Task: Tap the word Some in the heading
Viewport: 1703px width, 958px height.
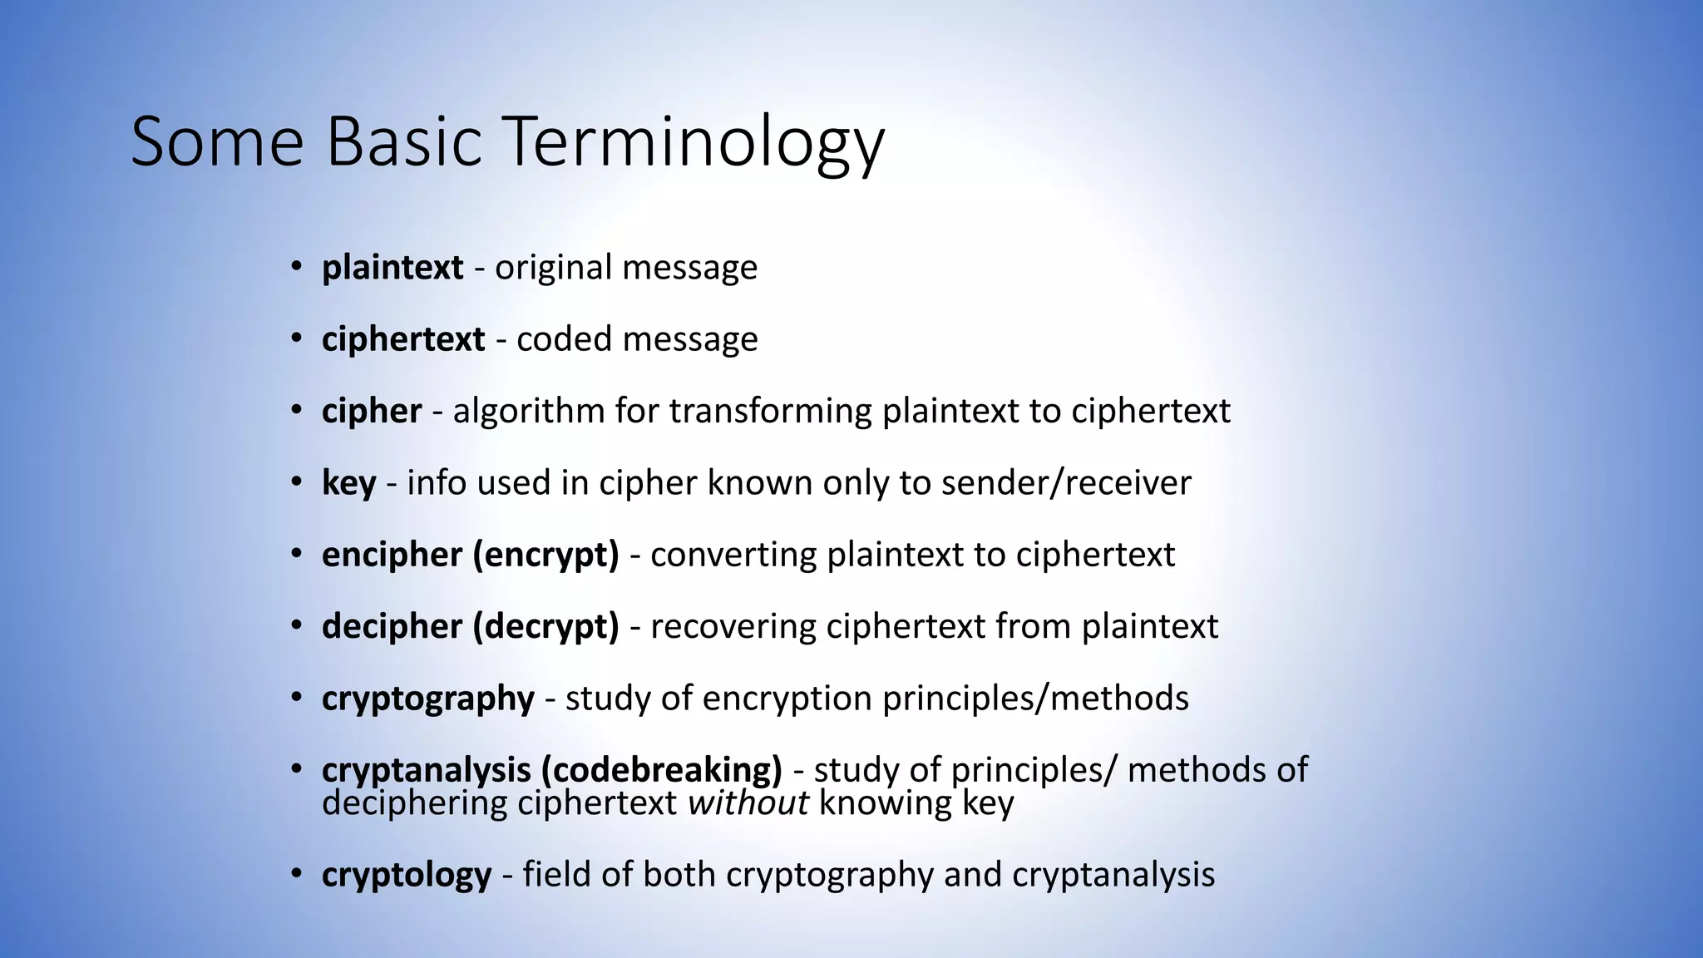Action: pyautogui.click(x=218, y=141)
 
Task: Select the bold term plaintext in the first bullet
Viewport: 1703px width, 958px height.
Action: pyautogui.click(x=392, y=268)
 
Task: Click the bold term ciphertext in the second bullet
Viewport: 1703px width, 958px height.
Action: pyautogui.click(x=403, y=339)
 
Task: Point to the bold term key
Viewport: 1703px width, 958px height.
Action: pyautogui.click(x=348, y=483)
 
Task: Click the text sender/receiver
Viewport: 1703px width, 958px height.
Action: pyautogui.click(x=1066, y=483)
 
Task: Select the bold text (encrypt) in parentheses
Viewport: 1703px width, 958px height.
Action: pyautogui.click(x=545, y=555)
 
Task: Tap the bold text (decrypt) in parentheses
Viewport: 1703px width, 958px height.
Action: pyautogui.click(x=545, y=626)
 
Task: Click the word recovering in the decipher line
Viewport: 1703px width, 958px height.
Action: pyautogui.click(x=733, y=626)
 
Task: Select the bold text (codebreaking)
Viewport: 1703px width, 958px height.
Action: pyautogui.click(x=661, y=769)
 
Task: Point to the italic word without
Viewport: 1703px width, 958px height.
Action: pyautogui.click(x=748, y=803)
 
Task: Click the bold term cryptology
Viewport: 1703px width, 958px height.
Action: pyautogui.click(x=407, y=875)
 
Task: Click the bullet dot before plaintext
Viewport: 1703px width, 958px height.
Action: pyautogui.click(x=297, y=267)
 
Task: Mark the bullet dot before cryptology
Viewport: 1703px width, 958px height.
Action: pyautogui.click(x=297, y=874)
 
